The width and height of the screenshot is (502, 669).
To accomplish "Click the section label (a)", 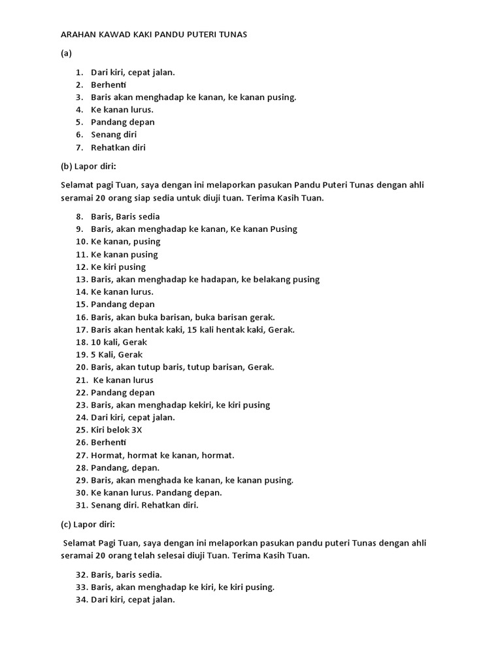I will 65,54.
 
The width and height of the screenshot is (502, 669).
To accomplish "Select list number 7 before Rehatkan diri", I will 79,148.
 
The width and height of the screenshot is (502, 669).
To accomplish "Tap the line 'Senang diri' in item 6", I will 114,135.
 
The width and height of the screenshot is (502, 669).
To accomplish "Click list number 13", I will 81,280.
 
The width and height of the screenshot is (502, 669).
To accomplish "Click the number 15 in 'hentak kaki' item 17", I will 192,330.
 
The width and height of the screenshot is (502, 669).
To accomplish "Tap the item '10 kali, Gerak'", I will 119,342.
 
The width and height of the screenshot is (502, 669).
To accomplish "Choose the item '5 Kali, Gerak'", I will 116,355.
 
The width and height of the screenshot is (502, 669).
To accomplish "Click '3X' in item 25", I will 136,431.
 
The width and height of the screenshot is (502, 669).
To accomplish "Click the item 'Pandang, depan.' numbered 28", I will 125,468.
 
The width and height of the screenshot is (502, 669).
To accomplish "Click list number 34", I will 81,600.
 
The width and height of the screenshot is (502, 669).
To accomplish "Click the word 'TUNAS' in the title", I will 233,35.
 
